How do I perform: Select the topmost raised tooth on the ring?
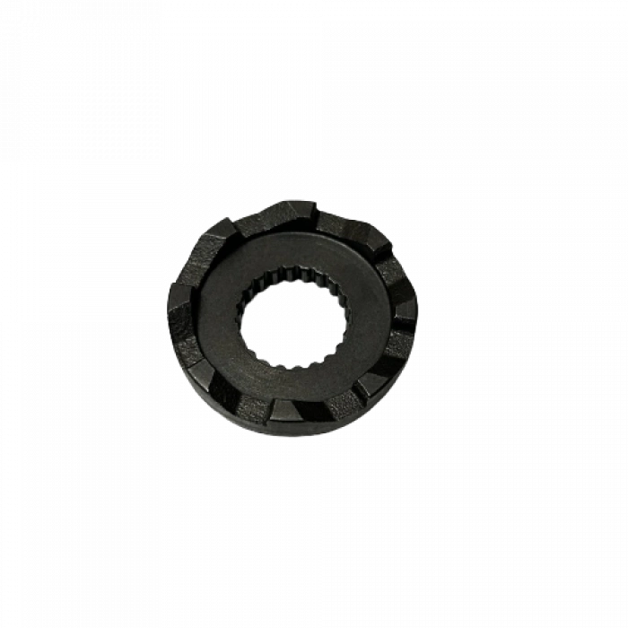tap(295, 212)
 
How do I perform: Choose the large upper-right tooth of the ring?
tap(356, 230)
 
